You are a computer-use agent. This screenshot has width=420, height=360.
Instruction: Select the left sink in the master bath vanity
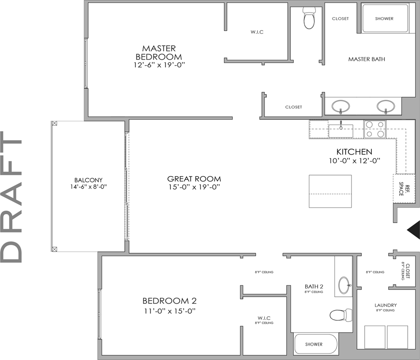(x=341, y=106)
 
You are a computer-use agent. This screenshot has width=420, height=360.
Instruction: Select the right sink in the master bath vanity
(x=386, y=106)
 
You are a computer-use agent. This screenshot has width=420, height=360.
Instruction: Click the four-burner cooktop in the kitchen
(x=375, y=129)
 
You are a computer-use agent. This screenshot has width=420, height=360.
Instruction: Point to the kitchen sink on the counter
(x=341, y=131)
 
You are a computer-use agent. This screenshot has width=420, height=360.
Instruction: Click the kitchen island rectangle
(x=330, y=191)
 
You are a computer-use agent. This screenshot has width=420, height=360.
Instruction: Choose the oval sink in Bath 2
(x=344, y=286)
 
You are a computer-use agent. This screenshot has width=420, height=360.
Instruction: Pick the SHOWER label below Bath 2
(x=314, y=344)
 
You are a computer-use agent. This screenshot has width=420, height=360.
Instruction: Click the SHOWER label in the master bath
(x=384, y=19)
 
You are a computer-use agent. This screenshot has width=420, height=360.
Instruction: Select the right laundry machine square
(x=397, y=337)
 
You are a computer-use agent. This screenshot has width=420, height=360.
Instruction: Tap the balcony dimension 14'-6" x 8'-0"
(x=88, y=187)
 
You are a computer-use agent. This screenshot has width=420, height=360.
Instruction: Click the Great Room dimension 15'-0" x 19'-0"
(x=194, y=187)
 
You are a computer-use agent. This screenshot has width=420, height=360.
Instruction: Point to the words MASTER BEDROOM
(x=159, y=52)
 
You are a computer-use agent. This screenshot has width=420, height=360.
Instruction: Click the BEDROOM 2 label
(x=169, y=301)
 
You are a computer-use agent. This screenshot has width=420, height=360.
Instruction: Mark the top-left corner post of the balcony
(x=55, y=124)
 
